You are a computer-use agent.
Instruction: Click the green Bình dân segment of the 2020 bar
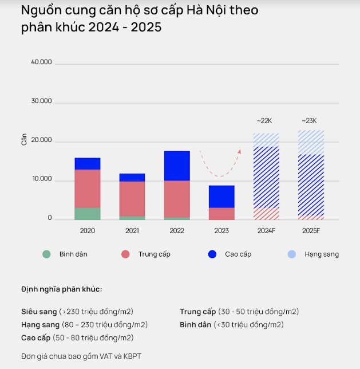[x=88, y=213]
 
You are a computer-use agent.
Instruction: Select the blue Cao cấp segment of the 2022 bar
[x=177, y=166]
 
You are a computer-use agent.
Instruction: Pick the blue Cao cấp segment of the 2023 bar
[x=221, y=197]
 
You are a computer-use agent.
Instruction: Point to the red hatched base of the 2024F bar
[x=266, y=214]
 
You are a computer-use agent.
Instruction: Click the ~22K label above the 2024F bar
[x=265, y=121]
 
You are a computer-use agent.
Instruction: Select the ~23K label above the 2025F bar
[x=309, y=121]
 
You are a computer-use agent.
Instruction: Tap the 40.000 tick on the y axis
[x=41, y=62]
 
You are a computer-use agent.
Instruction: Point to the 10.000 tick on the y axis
[x=41, y=179]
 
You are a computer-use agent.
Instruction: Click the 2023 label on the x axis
[x=221, y=230]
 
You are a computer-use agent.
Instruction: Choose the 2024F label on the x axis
[x=266, y=230]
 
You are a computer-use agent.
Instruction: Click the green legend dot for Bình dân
[x=47, y=254]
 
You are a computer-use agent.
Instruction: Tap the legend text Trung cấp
[x=154, y=254]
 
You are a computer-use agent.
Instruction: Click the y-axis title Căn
[x=24, y=139]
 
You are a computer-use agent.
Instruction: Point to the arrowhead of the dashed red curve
[x=239, y=151]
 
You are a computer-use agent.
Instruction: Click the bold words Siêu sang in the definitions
[x=39, y=312]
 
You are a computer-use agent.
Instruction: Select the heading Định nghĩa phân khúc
[x=61, y=289]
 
